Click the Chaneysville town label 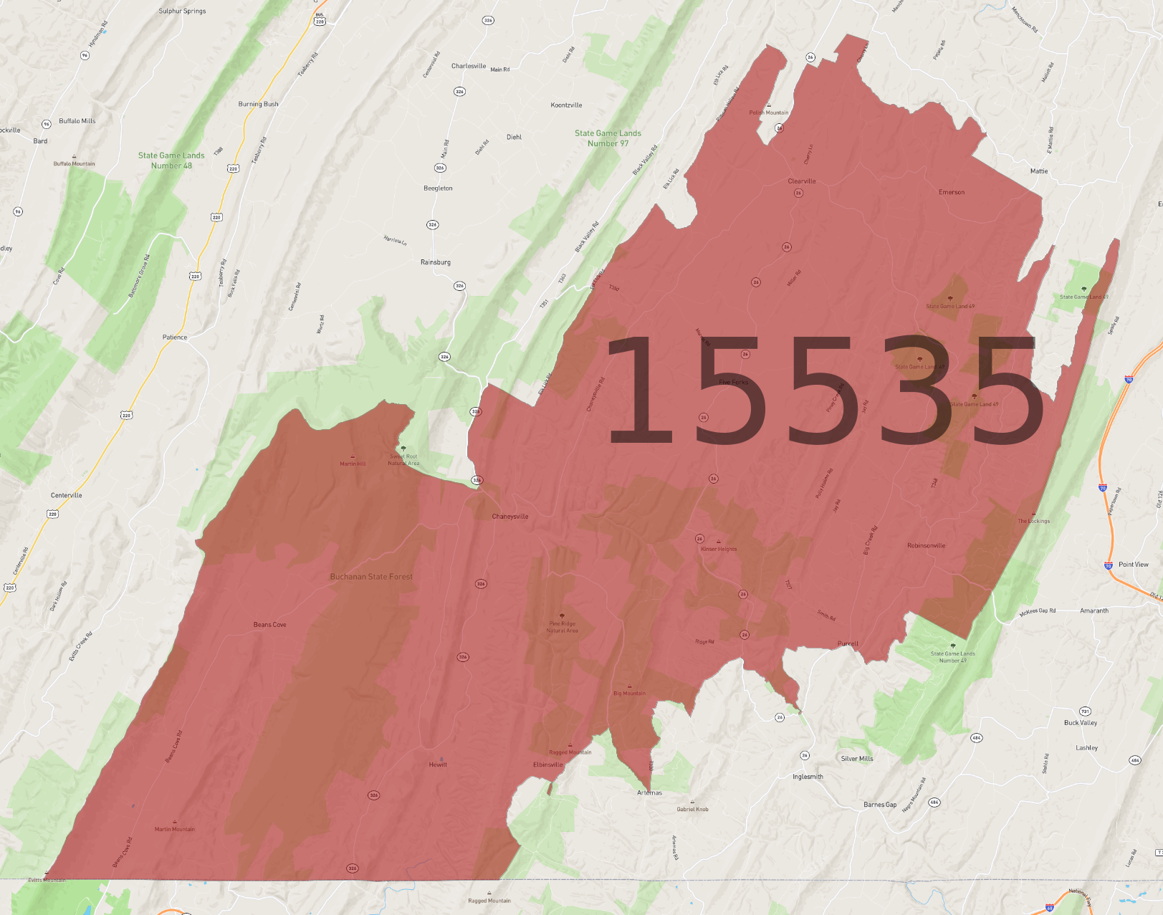(509, 517)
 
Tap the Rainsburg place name (436, 262)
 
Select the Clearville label (802, 181)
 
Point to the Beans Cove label (269, 625)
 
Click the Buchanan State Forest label (371, 577)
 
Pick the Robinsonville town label (926, 546)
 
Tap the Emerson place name (952, 192)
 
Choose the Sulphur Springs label (182, 11)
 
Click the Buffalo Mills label (77, 121)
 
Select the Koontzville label (566, 105)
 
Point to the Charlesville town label (469, 66)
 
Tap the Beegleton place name (438, 188)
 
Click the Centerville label (67, 495)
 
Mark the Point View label (1134, 565)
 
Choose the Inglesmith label (808, 777)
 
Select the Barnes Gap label (880, 805)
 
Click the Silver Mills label (857, 759)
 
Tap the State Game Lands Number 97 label (608, 138)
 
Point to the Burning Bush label (258, 104)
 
